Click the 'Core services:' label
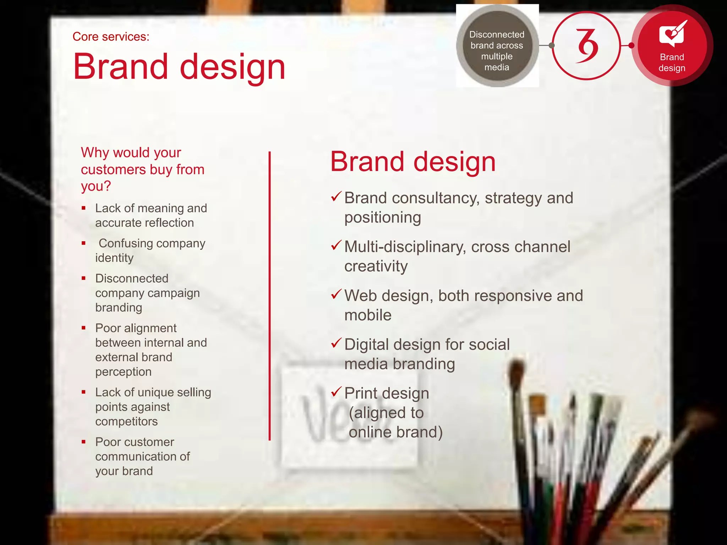[x=111, y=37]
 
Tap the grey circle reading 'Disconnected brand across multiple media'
[x=497, y=46]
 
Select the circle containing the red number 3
[x=586, y=46]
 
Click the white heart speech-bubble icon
[x=672, y=34]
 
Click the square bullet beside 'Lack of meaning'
[x=84, y=208]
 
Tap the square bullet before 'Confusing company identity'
[x=84, y=243]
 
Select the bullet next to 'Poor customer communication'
[x=84, y=442]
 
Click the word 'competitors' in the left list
[x=126, y=422]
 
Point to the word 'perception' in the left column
[x=123, y=372]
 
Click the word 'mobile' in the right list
[x=368, y=315]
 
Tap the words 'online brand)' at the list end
[x=395, y=432]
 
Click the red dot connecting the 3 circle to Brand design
[x=631, y=45]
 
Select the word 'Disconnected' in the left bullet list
[x=132, y=279]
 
